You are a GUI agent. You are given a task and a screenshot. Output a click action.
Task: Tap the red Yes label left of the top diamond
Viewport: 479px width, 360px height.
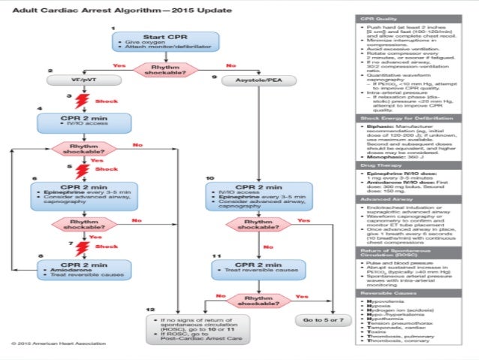point(119,65)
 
